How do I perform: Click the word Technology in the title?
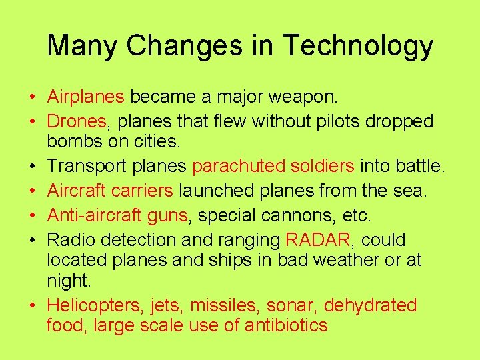(358, 46)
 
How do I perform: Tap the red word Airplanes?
(85, 97)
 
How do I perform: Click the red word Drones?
(77, 121)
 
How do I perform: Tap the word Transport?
(84, 167)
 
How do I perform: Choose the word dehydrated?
(370, 306)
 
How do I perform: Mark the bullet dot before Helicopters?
(32, 307)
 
